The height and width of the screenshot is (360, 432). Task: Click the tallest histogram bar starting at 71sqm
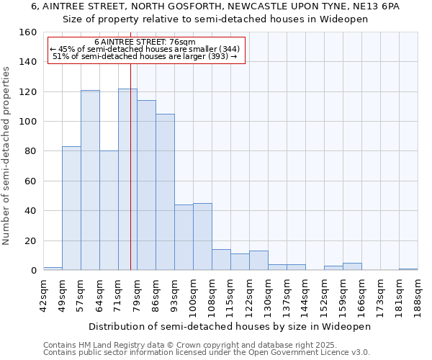point(127,180)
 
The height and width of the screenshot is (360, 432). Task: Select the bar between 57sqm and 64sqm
point(90,180)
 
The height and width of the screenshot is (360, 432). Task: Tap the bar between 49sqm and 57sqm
point(71,209)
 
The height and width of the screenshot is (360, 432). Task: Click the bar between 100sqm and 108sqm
point(202,237)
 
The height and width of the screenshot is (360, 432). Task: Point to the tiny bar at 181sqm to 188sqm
point(408,269)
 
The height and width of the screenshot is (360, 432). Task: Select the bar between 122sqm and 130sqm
point(258,261)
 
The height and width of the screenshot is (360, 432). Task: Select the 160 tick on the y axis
point(28,32)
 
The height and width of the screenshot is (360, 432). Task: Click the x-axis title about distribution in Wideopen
point(230,326)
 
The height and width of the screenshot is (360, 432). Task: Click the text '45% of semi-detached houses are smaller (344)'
point(147,49)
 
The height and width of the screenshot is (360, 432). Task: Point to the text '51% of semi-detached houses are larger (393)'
point(145,56)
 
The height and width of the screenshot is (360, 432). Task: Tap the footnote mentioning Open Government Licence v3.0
point(207,352)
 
